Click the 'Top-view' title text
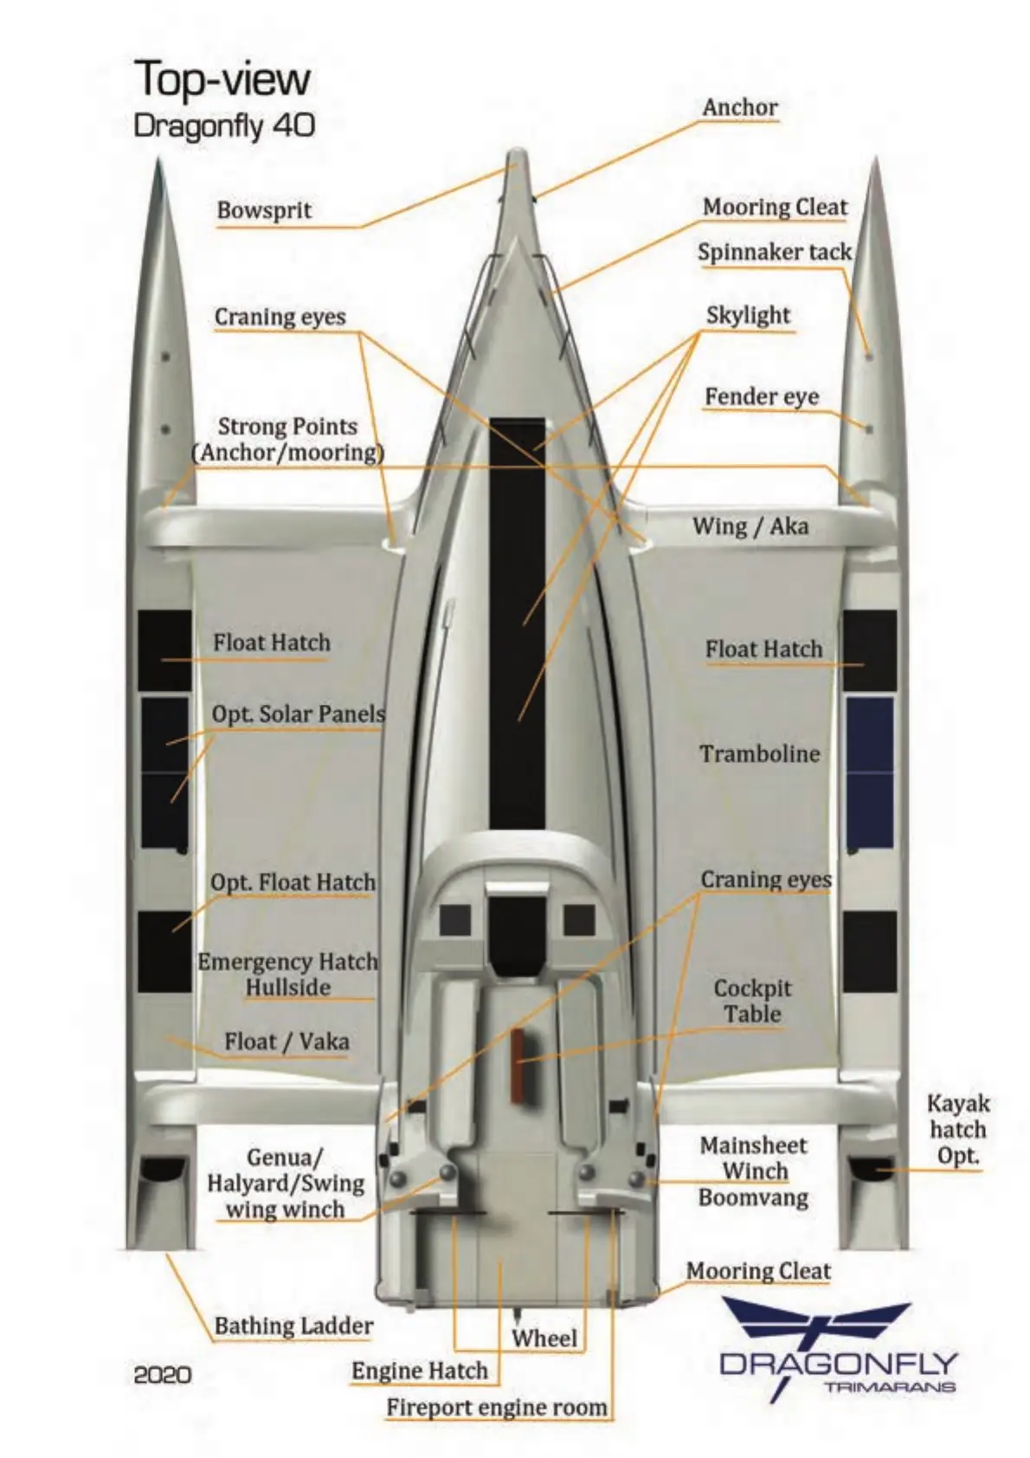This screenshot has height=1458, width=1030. click(x=222, y=80)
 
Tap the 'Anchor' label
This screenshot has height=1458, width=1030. click(x=739, y=107)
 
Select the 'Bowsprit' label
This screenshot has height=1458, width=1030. click(x=264, y=210)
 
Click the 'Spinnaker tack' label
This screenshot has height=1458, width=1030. click(x=774, y=252)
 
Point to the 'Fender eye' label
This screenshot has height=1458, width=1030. click(x=761, y=397)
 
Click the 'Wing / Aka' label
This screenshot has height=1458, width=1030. click(x=750, y=526)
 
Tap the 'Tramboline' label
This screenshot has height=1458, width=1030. click(x=759, y=753)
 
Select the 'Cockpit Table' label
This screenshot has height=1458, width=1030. click(x=752, y=1001)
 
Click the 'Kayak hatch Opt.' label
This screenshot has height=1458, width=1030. click(x=957, y=1129)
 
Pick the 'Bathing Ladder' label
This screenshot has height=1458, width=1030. click(x=293, y=1326)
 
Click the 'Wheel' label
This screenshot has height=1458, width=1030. click(x=544, y=1338)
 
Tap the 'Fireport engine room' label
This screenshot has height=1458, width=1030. click(x=497, y=1408)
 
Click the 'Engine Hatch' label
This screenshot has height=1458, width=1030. click(x=420, y=1371)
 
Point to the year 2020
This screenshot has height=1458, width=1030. click(x=163, y=1374)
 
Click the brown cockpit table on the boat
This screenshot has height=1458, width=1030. click(x=518, y=1065)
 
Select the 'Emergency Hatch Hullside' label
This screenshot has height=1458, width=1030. click(x=287, y=975)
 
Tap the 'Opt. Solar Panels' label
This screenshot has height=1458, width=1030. click(x=298, y=714)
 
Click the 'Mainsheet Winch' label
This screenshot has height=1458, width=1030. click(x=753, y=1158)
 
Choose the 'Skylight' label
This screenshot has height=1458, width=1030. click(x=748, y=316)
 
